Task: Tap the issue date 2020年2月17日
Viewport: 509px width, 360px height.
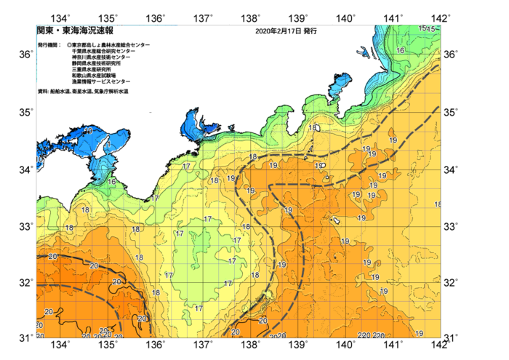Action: [x=278, y=32]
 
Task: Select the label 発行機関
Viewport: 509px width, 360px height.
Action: [x=49, y=45]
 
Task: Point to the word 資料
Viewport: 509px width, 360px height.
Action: [x=42, y=91]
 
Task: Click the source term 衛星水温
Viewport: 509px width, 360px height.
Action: [x=81, y=91]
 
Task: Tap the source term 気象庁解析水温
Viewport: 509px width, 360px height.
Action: [x=110, y=91]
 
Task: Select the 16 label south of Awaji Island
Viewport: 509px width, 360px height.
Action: [x=112, y=181]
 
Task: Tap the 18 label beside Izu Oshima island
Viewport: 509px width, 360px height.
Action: [x=312, y=128]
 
